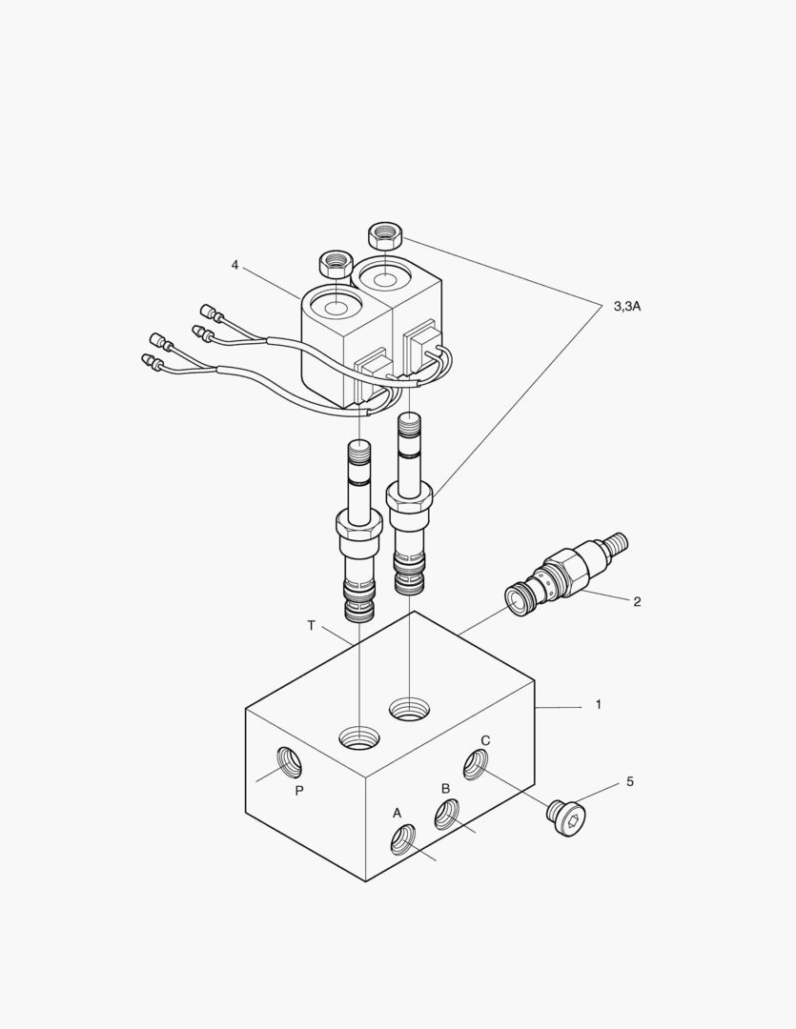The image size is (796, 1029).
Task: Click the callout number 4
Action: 235,265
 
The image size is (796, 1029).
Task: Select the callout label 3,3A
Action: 626,306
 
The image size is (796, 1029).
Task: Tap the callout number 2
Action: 637,601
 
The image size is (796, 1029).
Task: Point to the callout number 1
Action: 598,705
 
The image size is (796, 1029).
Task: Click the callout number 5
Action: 629,781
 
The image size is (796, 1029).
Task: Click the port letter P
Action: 298,791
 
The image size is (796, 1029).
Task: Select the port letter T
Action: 311,626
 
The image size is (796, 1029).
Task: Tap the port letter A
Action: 398,813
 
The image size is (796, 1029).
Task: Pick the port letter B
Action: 444,788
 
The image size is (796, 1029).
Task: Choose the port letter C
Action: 485,740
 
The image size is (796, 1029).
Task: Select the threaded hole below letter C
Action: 476,764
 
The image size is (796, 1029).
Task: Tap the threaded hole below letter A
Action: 403,839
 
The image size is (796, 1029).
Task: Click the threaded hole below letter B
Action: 447,815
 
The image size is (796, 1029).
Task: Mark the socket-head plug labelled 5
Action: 568,817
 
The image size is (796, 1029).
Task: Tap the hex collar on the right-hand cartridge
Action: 410,496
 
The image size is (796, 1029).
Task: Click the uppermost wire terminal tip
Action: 205,311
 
